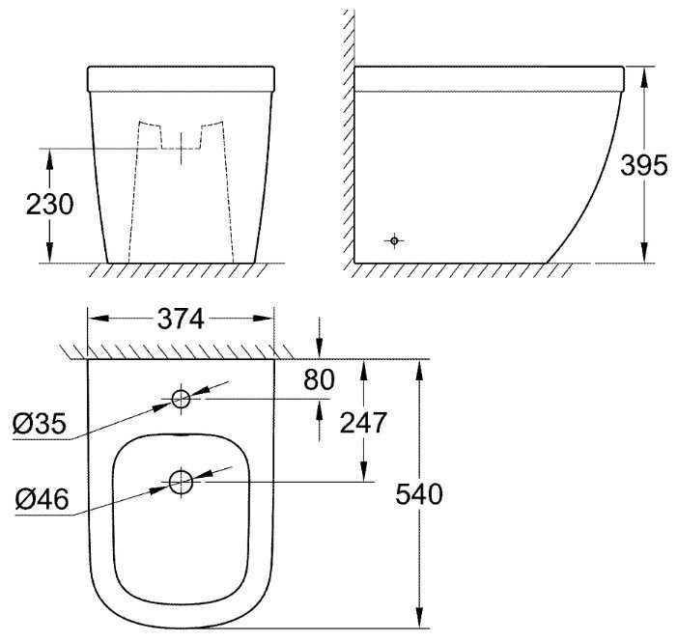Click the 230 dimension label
(49, 205)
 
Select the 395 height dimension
(644, 165)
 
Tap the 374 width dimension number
(181, 320)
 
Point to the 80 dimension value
(319, 379)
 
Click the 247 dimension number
(363, 423)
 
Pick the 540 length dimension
(419, 494)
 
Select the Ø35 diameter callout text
(40, 424)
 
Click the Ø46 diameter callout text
(42, 499)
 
